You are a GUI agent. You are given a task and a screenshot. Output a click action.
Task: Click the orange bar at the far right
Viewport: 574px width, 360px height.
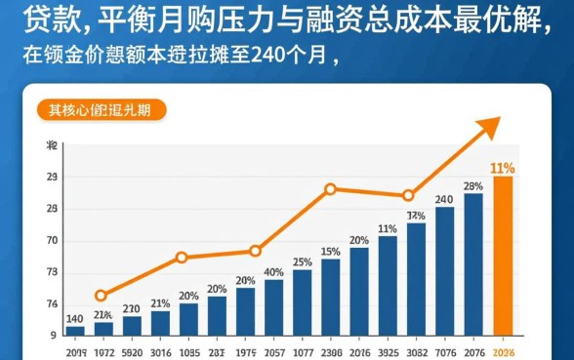click(x=503, y=255)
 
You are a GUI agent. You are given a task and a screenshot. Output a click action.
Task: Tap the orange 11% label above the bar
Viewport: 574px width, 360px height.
click(x=503, y=168)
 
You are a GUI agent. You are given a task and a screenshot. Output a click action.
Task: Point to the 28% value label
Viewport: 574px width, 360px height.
click(x=473, y=186)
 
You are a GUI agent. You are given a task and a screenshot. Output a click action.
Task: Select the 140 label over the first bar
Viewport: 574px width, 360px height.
click(x=74, y=318)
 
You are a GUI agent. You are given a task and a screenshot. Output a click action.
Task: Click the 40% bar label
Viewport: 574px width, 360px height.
click(x=273, y=272)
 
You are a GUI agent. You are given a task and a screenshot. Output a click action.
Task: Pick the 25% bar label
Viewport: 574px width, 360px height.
click(x=303, y=261)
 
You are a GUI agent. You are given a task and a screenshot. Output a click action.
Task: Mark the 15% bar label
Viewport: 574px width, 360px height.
click(x=331, y=252)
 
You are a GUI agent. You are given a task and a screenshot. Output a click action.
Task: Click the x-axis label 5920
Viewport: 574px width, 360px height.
click(x=132, y=352)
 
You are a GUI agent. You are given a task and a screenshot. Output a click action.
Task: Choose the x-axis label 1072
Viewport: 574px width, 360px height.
click(x=103, y=352)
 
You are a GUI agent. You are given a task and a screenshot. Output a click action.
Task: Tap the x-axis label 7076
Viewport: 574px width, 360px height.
click(x=445, y=352)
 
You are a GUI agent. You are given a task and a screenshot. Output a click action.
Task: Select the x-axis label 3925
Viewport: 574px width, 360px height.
click(x=388, y=352)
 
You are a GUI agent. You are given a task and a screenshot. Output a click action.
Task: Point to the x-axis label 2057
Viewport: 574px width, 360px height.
click(x=274, y=352)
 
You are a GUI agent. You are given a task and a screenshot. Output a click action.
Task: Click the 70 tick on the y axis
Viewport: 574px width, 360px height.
click(x=52, y=241)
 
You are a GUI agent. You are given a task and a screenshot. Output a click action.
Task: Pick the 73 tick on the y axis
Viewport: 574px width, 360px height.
click(x=52, y=273)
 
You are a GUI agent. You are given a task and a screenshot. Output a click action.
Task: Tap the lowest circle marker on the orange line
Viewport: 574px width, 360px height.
click(x=101, y=296)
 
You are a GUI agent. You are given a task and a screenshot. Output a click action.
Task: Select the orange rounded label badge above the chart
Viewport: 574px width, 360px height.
click(x=101, y=110)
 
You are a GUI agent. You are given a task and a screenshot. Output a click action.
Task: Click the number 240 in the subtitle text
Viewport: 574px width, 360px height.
click(x=270, y=54)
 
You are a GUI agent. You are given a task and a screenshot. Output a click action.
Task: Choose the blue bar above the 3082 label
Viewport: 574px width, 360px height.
click(x=417, y=278)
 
